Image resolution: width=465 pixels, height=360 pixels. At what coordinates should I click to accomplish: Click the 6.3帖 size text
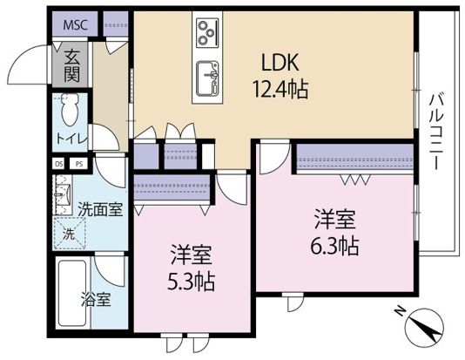pos(334,245)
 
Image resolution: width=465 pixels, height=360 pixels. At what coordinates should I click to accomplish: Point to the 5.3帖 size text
pos(192,281)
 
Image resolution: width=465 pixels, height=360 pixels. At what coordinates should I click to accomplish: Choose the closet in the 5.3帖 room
pos(173,187)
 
